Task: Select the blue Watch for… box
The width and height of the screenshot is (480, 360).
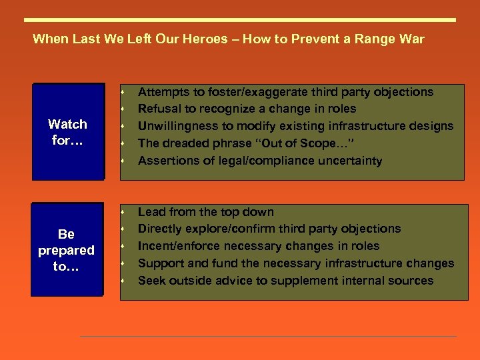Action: tap(68, 132)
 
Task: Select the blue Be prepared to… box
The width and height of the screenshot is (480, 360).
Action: tap(66, 250)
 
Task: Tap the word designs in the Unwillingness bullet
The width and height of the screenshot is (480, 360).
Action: tap(433, 126)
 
